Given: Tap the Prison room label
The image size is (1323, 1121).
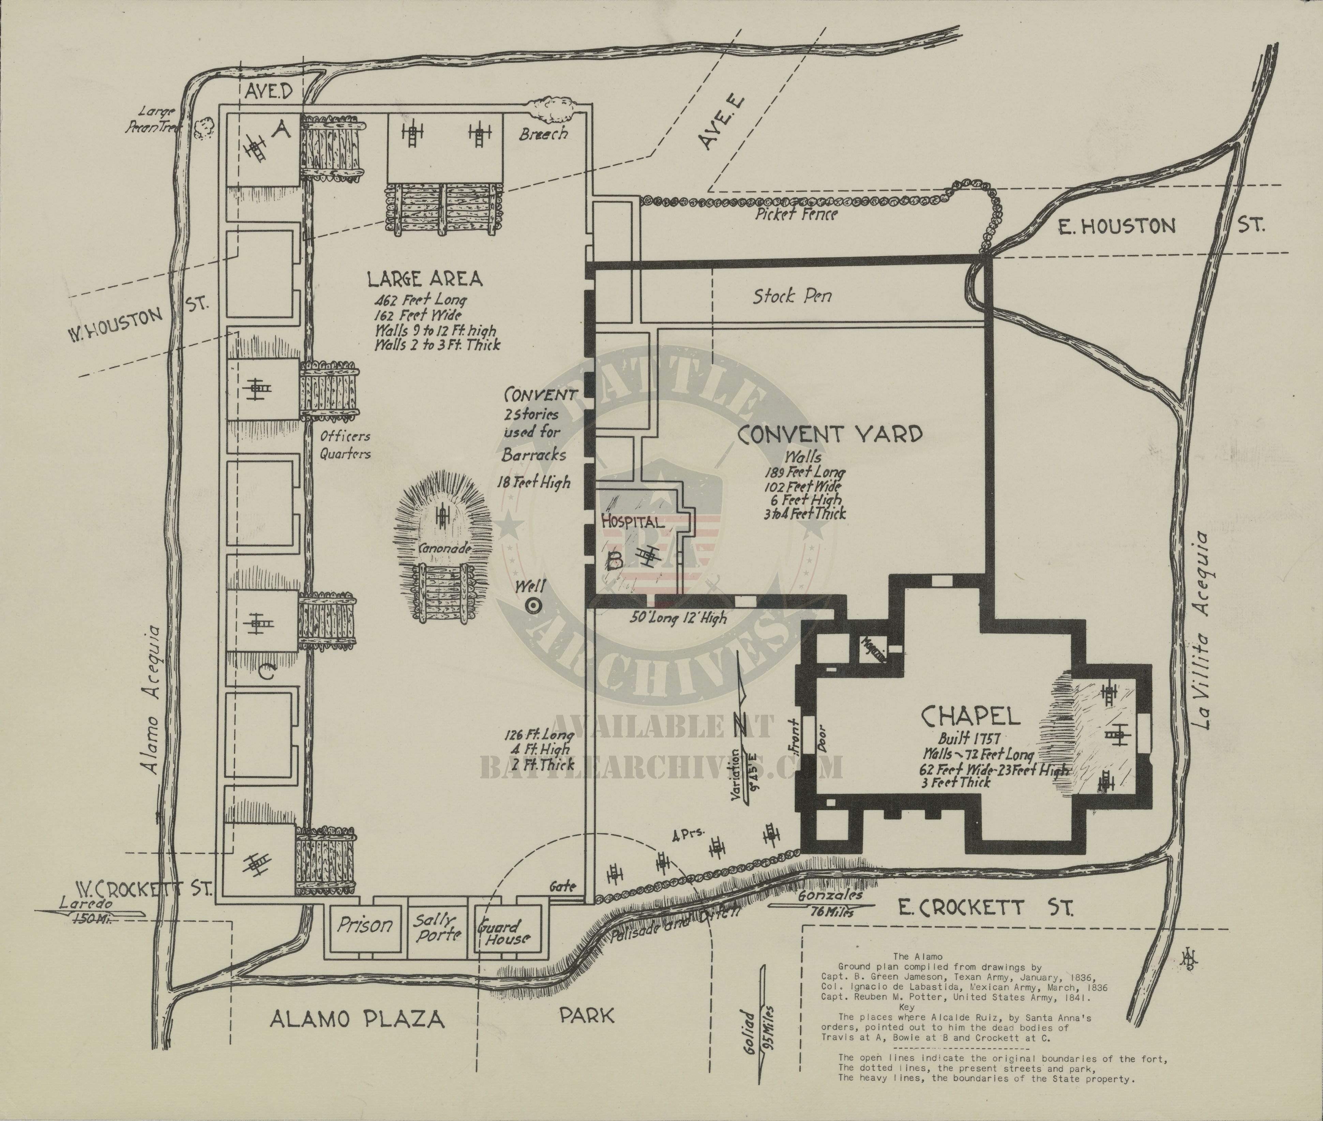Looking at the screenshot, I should click(364, 925).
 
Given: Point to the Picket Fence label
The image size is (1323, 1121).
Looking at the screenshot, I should click(796, 214).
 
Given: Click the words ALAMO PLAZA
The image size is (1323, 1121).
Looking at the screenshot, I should click(357, 1019).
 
